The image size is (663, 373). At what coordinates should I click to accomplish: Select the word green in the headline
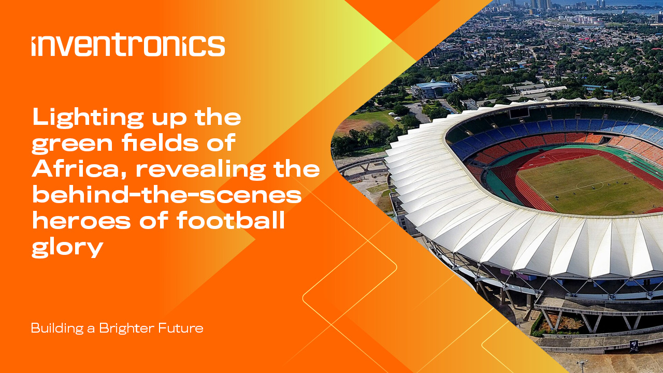[72, 144]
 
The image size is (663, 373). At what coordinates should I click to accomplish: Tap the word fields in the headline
[160, 142]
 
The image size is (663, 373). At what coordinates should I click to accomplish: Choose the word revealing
[201, 170]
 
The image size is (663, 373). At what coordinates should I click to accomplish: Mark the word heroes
[81, 221]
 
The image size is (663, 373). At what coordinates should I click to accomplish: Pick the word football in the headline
[230, 220]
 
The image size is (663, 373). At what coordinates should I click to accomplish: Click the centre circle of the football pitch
[589, 186]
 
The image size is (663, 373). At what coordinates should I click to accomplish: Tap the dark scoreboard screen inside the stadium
[519, 113]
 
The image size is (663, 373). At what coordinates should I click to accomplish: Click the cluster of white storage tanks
[581, 20]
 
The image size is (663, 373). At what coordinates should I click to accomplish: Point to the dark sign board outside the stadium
[633, 346]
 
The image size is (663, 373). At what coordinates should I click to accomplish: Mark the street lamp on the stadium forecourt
[582, 366]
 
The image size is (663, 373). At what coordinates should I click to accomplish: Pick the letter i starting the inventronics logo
[34, 47]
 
